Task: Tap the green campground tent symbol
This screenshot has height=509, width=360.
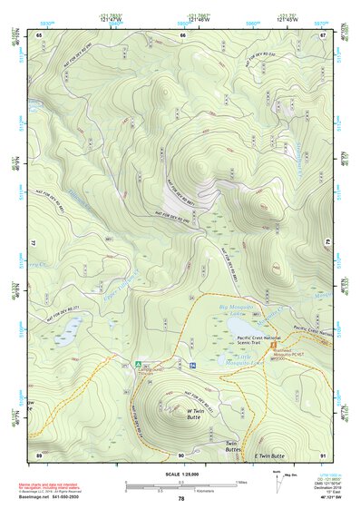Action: (x=138, y=365)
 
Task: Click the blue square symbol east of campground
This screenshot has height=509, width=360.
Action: (x=192, y=365)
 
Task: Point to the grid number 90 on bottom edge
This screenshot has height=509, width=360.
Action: (x=181, y=455)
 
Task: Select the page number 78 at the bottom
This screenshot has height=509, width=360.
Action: (x=181, y=498)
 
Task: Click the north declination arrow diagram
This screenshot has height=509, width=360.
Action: (x=287, y=480)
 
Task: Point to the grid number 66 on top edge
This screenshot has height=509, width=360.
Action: (x=182, y=34)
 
